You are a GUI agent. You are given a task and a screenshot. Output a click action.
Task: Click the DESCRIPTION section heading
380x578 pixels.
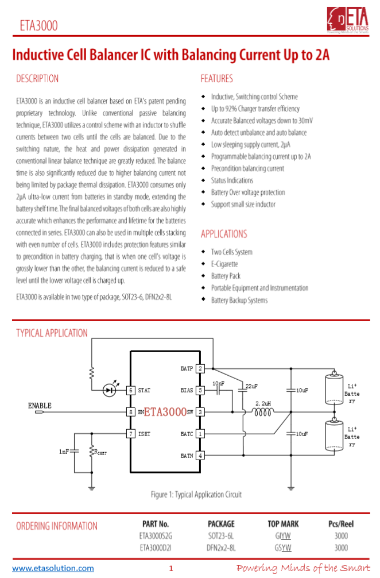[37, 79]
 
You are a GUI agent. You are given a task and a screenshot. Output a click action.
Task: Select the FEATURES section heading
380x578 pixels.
[216, 79]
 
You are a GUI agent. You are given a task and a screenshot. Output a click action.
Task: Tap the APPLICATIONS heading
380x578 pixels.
[224, 234]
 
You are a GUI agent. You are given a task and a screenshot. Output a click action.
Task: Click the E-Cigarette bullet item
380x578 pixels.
[224, 264]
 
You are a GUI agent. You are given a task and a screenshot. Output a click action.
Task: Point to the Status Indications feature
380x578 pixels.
[232, 180]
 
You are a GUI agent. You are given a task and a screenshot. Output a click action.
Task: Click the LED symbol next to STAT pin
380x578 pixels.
[109, 390]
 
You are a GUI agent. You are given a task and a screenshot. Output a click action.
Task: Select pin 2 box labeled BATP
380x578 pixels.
[200, 368]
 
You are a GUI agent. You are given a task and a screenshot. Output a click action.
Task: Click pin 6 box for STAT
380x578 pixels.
[131, 390]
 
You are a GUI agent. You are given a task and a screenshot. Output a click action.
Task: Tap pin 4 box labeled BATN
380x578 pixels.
[200, 456]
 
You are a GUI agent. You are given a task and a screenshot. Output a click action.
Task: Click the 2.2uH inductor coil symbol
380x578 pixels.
[263, 411]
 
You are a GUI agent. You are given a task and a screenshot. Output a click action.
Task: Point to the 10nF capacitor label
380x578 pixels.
[219, 383]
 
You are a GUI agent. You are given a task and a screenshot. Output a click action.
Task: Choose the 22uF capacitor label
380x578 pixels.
[251, 386]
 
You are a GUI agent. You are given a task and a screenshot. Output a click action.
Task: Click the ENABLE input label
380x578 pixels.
[40, 406]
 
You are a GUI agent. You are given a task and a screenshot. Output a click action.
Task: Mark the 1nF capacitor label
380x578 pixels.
[64, 452]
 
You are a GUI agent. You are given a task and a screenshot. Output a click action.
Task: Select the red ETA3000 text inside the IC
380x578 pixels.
[165, 412]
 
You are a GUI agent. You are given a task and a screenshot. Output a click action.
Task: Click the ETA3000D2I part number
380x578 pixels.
[156, 548]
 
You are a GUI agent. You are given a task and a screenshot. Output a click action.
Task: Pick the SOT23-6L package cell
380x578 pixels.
[221, 536]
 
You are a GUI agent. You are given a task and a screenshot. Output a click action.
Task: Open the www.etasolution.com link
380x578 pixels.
[53, 568]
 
